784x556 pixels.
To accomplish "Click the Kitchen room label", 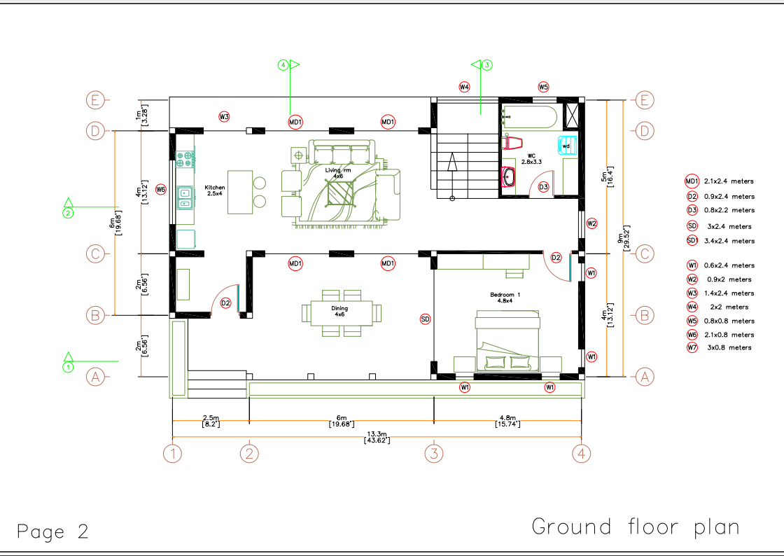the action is [214, 190].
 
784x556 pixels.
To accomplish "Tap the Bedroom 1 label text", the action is [505, 298].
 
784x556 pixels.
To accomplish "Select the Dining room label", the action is [339, 312].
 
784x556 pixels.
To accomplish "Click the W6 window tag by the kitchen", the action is [160, 190].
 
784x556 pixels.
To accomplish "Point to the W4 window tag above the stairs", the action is [465, 87].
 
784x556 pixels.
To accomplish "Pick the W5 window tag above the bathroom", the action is [543, 87].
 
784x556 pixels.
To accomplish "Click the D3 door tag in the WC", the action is [543, 187].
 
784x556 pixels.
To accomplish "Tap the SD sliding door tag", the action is [425, 319].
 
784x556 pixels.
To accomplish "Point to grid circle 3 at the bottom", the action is [434, 454].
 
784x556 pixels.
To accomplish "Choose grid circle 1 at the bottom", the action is [172, 454].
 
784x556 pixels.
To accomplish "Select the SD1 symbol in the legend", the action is [692, 241].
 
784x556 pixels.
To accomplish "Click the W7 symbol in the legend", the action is [692, 347].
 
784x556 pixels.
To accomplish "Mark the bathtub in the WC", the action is [530, 118].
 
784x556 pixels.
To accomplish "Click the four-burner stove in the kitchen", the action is [185, 159].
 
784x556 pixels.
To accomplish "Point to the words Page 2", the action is [53, 531].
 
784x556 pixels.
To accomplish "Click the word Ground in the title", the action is [571, 527].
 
